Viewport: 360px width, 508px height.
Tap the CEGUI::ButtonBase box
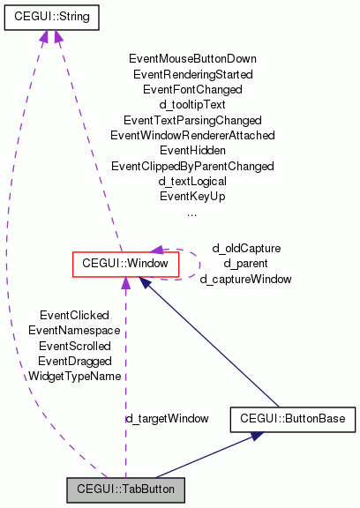click(292, 419)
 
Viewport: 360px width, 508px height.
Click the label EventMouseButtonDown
click(192, 59)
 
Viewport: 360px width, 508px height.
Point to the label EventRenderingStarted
click(192, 74)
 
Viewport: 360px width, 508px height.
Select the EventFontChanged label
click(192, 89)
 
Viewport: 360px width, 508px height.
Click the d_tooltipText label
click(192, 104)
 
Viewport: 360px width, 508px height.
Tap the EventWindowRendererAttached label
click(192, 135)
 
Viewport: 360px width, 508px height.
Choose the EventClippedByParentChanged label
click(192, 166)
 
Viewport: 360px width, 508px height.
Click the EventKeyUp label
click(192, 196)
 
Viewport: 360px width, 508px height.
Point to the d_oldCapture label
click(245, 248)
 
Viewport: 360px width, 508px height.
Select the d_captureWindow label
click(245, 279)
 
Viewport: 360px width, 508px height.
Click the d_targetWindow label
click(167, 417)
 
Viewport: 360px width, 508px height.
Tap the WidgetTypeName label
click(75, 376)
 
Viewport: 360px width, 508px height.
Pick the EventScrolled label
click(75, 346)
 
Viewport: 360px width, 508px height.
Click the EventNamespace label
click(75, 330)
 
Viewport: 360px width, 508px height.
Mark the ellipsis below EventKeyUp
click(192, 213)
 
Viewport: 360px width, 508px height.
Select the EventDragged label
click(75, 361)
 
